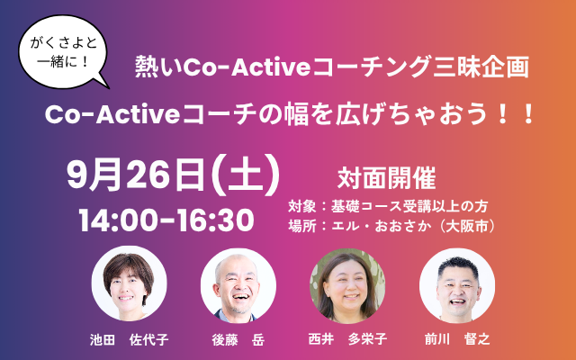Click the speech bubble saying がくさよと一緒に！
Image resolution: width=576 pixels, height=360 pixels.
tap(63, 51)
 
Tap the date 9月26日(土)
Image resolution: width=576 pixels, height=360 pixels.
tap(173, 175)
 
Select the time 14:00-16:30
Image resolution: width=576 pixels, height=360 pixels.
tap(166, 220)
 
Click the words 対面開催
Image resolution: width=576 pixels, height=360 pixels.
tap(386, 178)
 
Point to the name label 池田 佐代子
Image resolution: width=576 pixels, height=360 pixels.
tap(130, 339)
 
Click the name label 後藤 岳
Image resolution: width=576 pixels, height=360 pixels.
tap(238, 339)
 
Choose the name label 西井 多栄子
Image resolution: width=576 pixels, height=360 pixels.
tap(347, 338)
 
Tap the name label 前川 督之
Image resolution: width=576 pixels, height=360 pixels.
tap(457, 338)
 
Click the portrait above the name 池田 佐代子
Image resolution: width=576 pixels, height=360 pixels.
tap(129, 283)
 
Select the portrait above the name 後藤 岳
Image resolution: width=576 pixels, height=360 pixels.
tap(238, 285)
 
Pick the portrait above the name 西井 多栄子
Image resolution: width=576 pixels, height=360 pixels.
tap(347, 285)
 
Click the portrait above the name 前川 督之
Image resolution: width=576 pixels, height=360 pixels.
tap(457, 285)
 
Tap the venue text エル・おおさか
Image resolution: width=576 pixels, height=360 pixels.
tap(381, 226)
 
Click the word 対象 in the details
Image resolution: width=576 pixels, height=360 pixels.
tap(302, 206)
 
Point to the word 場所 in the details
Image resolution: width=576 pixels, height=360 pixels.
tap(302, 226)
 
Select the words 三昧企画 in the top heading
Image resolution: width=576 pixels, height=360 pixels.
tap(481, 67)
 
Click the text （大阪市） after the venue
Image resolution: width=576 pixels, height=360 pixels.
tap(465, 226)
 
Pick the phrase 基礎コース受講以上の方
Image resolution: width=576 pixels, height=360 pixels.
tap(409, 206)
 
